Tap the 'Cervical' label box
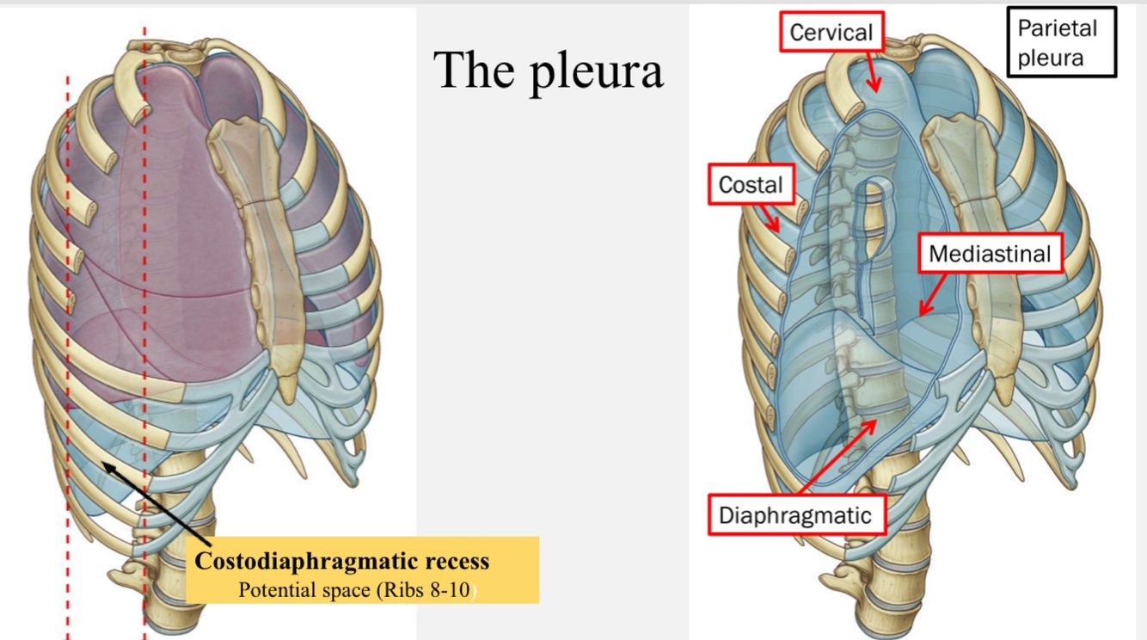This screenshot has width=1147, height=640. [831, 34]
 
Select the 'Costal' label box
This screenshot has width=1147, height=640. [751, 185]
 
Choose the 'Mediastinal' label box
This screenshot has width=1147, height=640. [990, 255]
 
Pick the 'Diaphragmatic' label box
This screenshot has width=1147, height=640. [795, 515]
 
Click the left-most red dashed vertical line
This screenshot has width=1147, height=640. [68, 344]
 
